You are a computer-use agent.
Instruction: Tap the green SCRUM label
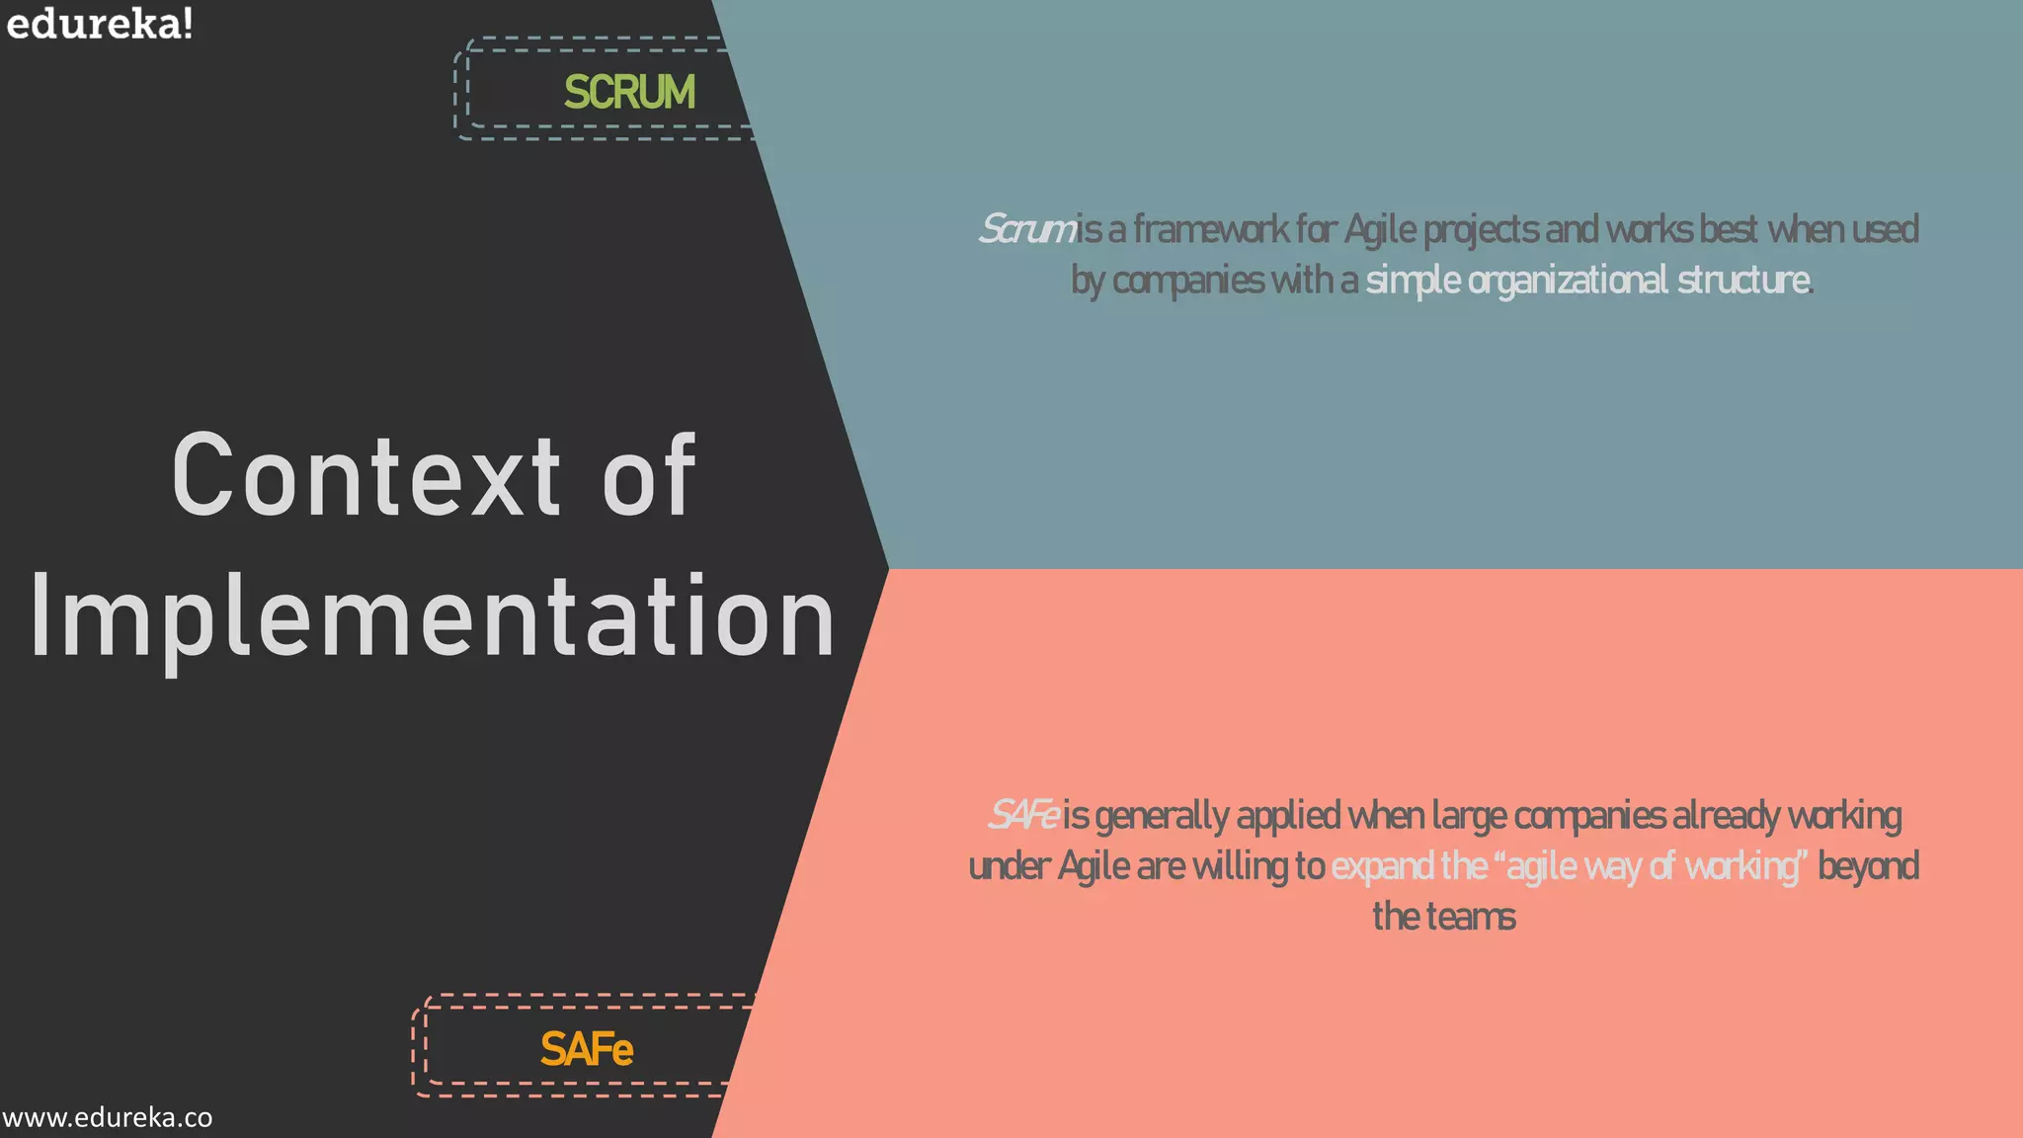(x=629, y=92)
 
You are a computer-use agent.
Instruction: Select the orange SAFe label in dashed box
(x=586, y=1049)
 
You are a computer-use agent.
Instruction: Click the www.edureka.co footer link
(x=107, y=1118)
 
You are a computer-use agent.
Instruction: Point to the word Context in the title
(x=366, y=476)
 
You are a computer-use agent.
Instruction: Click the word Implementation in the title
(x=433, y=617)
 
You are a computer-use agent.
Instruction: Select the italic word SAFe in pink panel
(x=1023, y=816)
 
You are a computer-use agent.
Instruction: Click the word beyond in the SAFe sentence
(x=1868, y=866)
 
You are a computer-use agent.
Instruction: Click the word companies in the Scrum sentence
(x=1188, y=281)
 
